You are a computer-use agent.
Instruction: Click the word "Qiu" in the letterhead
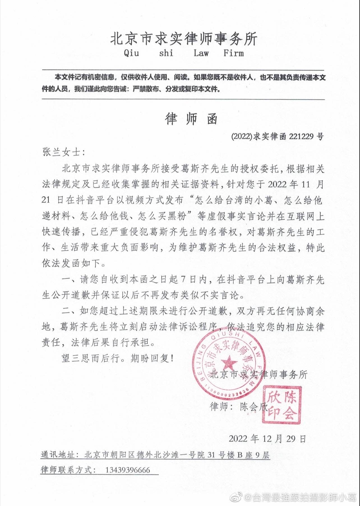[131, 53]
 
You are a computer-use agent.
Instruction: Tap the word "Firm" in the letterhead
[234, 53]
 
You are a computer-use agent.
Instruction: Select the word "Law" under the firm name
[201, 53]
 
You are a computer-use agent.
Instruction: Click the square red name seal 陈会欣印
[282, 404]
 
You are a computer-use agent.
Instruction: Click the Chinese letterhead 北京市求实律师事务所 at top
[184, 39]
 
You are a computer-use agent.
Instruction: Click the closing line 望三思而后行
[92, 358]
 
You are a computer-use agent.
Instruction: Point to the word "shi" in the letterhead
[166, 53]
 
